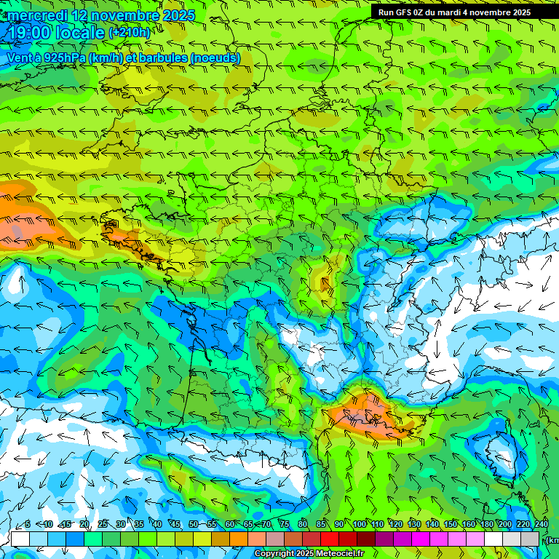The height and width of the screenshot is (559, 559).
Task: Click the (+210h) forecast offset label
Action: tap(129, 32)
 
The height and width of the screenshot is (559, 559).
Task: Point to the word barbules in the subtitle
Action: tap(160, 58)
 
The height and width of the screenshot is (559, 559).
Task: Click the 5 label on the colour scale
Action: tap(28, 525)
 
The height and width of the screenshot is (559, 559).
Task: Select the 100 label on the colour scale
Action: tap(359, 525)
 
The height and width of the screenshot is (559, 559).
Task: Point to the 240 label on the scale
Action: tap(541, 525)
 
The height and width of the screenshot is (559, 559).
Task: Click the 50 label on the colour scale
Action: tap(194, 525)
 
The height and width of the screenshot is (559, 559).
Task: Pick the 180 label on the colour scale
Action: tap(486, 525)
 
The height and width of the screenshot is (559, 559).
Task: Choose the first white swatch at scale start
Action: tap(20, 539)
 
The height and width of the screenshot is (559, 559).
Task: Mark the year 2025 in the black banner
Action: tap(518, 12)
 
